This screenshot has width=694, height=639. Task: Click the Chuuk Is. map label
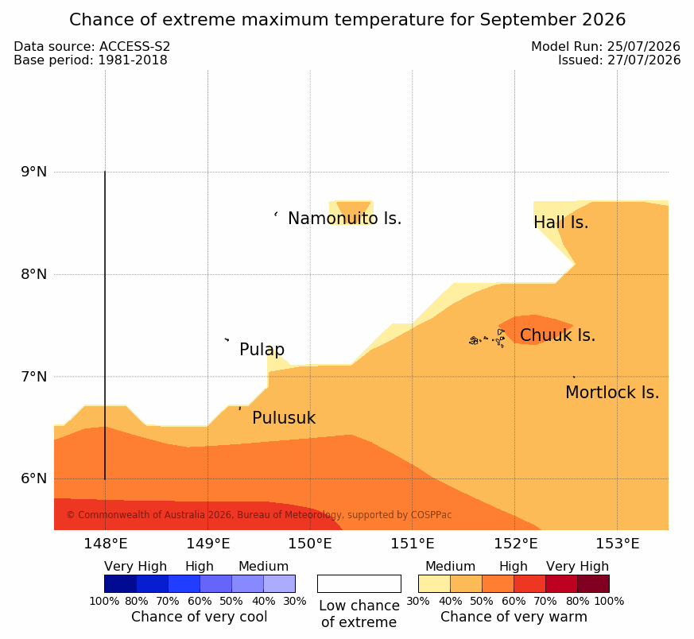[x=557, y=335]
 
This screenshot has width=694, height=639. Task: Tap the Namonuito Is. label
[x=345, y=219]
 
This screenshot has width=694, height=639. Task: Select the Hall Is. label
[x=560, y=223]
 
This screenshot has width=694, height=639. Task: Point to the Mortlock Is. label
[x=612, y=393]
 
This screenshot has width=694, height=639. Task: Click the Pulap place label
[x=262, y=350]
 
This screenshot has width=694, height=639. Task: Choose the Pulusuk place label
[x=284, y=418]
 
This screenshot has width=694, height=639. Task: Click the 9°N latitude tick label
[x=33, y=172]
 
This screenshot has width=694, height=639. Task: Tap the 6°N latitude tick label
[x=33, y=478]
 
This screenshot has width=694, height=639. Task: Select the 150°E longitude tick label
[x=310, y=544]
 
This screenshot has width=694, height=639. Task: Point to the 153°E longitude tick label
[x=618, y=544]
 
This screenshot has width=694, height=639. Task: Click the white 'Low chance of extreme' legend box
[x=359, y=583]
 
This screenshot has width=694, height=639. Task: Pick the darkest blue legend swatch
[x=120, y=583]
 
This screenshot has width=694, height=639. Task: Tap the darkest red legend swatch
[x=593, y=583]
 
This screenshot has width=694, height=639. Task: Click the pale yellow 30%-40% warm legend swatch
[x=434, y=583]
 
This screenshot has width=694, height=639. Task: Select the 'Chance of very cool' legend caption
[x=200, y=617]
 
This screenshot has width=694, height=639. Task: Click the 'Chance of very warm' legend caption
[x=514, y=617]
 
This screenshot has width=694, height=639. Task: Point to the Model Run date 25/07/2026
[x=644, y=46]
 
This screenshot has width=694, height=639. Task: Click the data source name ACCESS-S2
[x=134, y=46]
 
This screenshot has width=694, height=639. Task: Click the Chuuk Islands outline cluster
[x=487, y=339]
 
